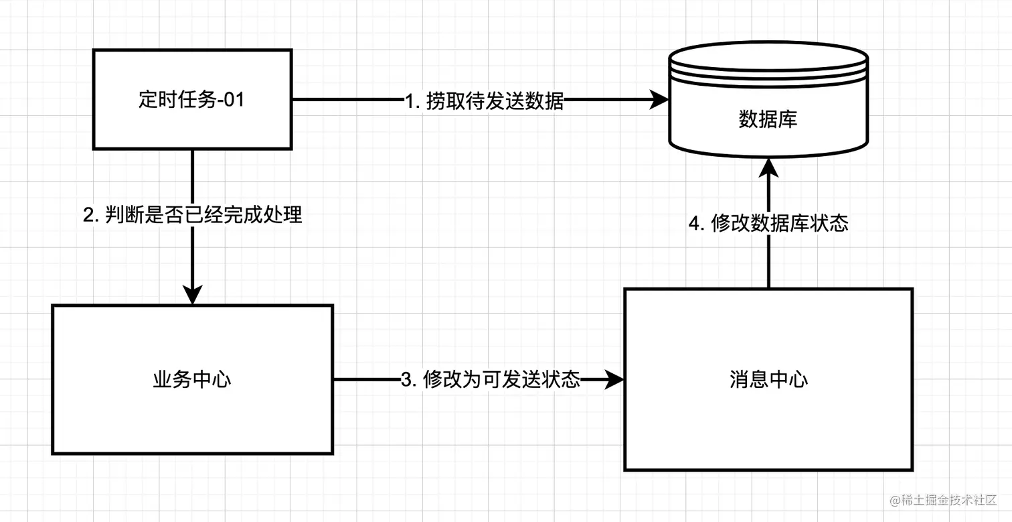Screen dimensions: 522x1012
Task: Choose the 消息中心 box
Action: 768,415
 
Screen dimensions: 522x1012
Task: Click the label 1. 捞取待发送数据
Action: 485,101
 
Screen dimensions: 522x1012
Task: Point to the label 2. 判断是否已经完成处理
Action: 192,215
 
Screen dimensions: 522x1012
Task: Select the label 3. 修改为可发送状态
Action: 490,380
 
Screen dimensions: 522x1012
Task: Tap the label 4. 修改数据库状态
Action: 768,223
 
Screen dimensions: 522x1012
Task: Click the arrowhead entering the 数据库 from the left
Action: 661,101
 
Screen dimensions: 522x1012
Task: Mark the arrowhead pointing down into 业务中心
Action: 192,296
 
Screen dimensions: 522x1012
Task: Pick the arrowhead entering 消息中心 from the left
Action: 616,380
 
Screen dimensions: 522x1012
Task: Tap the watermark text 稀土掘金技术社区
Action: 951,501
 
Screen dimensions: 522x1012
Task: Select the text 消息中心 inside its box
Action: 768,380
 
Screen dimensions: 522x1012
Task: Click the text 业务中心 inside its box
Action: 192,380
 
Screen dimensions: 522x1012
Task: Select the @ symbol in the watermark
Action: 896,501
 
